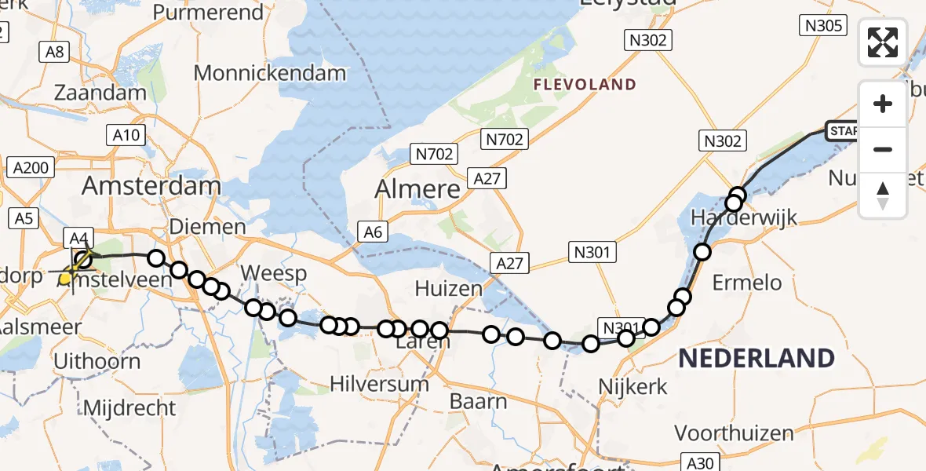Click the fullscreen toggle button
pyautogui.click(x=883, y=42)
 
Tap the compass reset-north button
pyautogui.click(x=883, y=195)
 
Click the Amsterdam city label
pyautogui.click(x=151, y=186)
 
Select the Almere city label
pyautogui.click(x=417, y=189)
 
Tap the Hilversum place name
pyautogui.click(x=379, y=384)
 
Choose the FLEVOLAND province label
pyautogui.click(x=584, y=85)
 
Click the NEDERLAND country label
pyautogui.click(x=756, y=359)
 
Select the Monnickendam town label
pyautogui.click(x=269, y=74)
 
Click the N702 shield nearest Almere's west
pyautogui.click(x=435, y=154)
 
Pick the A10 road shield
pyautogui.click(x=126, y=135)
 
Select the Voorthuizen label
pyautogui.click(x=734, y=433)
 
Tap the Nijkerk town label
pyautogui.click(x=633, y=386)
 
